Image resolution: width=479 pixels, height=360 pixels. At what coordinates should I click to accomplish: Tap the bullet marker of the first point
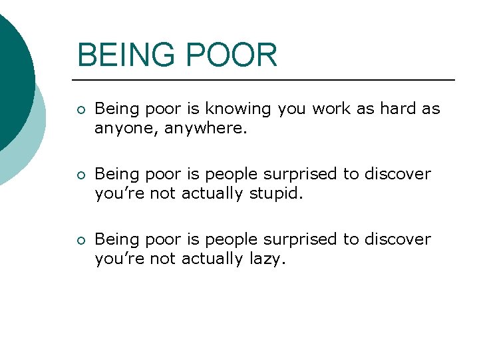click(80, 110)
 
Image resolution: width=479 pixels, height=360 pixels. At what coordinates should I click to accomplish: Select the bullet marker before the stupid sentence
click(80, 175)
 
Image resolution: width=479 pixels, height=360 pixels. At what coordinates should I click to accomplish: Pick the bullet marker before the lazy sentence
click(80, 241)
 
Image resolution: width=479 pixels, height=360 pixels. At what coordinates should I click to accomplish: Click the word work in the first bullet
click(330, 109)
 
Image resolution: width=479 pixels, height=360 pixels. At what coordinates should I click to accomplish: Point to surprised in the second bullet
click(304, 175)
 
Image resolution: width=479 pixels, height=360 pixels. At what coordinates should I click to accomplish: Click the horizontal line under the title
click(266, 80)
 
